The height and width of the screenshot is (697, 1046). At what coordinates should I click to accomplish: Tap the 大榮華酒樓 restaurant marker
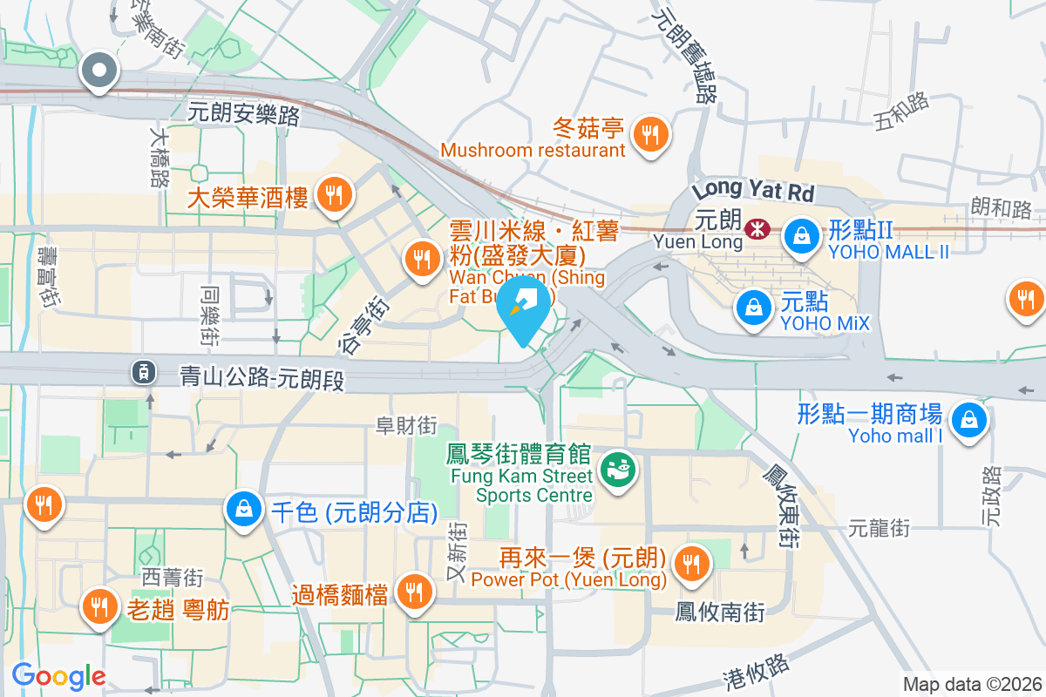(x=334, y=193)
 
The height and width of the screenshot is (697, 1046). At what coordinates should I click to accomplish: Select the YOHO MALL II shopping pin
(x=799, y=234)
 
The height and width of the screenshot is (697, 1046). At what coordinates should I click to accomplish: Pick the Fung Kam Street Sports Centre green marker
(x=618, y=470)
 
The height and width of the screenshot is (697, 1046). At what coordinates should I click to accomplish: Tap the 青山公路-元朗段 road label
(x=262, y=378)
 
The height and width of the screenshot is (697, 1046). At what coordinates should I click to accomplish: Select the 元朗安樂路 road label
(x=243, y=113)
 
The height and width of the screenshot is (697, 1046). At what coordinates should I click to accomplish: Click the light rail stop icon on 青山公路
(x=141, y=372)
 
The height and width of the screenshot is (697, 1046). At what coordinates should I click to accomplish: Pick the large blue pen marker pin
(x=524, y=306)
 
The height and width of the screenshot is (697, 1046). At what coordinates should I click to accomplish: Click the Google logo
(x=58, y=676)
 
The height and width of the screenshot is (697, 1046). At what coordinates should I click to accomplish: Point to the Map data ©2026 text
(x=971, y=685)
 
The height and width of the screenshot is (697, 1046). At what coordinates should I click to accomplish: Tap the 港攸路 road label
(x=757, y=670)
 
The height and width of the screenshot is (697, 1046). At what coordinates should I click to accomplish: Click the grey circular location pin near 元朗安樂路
(x=98, y=70)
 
